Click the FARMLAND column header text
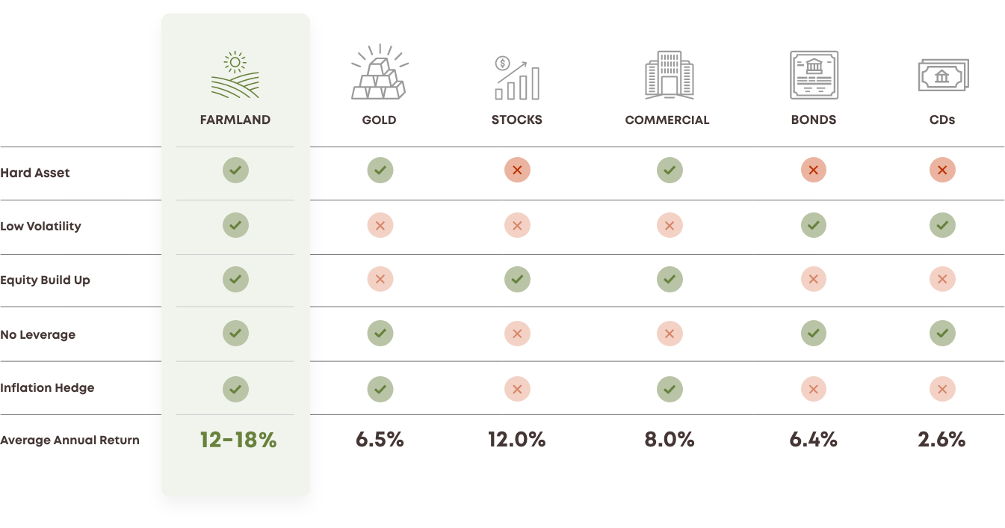click(x=235, y=120)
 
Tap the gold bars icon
click(x=380, y=73)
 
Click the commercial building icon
click(x=669, y=75)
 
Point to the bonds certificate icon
click(x=814, y=75)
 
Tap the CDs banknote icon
click(x=943, y=76)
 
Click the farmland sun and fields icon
click(x=235, y=75)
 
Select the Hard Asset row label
click(x=35, y=173)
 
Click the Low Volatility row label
click(x=40, y=226)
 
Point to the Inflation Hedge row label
click(x=47, y=388)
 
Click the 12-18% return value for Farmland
click(x=238, y=440)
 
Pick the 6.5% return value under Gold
click(x=380, y=440)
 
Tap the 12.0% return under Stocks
click(x=516, y=440)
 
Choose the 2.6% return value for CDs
click(x=941, y=440)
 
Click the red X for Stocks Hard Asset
click(x=516, y=171)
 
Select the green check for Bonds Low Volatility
click(x=814, y=225)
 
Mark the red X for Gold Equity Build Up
click(x=380, y=280)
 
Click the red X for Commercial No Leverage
click(x=670, y=334)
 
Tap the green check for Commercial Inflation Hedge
click(x=670, y=389)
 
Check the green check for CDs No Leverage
click(x=942, y=334)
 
